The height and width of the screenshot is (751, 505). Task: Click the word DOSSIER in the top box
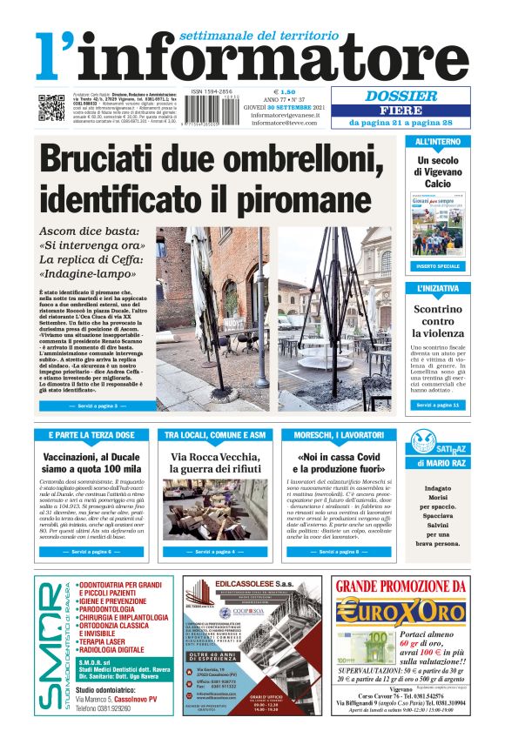tap(401, 97)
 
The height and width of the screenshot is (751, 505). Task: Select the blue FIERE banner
tap(402, 111)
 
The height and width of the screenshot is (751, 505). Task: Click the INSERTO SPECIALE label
tap(438, 265)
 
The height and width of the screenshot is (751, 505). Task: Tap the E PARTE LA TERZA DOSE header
tap(91, 434)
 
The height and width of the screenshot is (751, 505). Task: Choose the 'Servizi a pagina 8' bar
tap(340, 552)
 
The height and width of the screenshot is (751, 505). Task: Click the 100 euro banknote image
tap(364, 648)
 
